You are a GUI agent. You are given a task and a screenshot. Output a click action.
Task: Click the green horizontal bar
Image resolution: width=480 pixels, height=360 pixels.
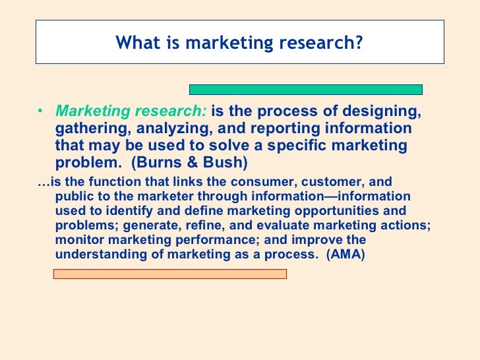pyautogui.click(x=306, y=89)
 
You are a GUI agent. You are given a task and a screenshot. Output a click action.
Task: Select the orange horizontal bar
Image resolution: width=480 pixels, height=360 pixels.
pyautogui.click(x=169, y=274)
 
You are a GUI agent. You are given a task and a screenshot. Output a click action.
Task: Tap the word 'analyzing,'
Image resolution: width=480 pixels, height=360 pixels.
pyautogui.click(x=171, y=128)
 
